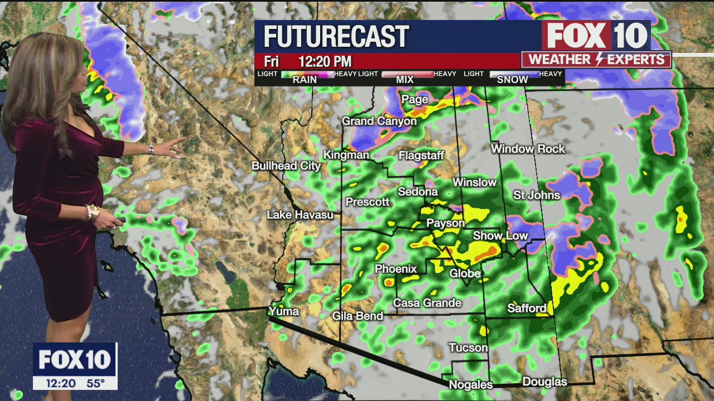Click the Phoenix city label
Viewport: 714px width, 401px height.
click(x=396, y=269)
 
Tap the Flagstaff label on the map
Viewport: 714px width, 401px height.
click(x=421, y=156)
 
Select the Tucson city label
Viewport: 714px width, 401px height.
click(x=468, y=348)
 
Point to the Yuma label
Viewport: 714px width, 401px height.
click(x=284, y=311)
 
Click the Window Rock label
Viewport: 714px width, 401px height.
click(x=528, y=149)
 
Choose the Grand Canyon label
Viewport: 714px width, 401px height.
click(x=379, y=121)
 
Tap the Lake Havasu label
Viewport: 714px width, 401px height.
click(x=300, y=215)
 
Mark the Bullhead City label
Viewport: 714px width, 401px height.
click(x=286, y=166)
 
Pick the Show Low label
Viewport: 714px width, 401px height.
click(x=500, y=236)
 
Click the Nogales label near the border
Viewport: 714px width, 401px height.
click(x=471, y=385)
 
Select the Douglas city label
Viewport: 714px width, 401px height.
click(x=544, y=382)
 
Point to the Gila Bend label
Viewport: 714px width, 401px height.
click(x=358, y=316)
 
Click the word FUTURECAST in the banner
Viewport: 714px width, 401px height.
click(x=336, y=37)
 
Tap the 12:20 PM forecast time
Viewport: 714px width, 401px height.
click(x=325, y=61)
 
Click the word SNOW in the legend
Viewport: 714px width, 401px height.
click(x=512, y=80)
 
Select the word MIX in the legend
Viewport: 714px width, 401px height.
click(x=404, y=80)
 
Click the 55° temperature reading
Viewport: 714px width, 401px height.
click(x=95, y=383)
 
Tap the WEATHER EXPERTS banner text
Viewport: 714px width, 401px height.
click(x=596, y=60)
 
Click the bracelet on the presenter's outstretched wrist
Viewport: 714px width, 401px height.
click(x=151, y=149)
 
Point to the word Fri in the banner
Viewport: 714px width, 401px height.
click(x=271, y=61)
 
